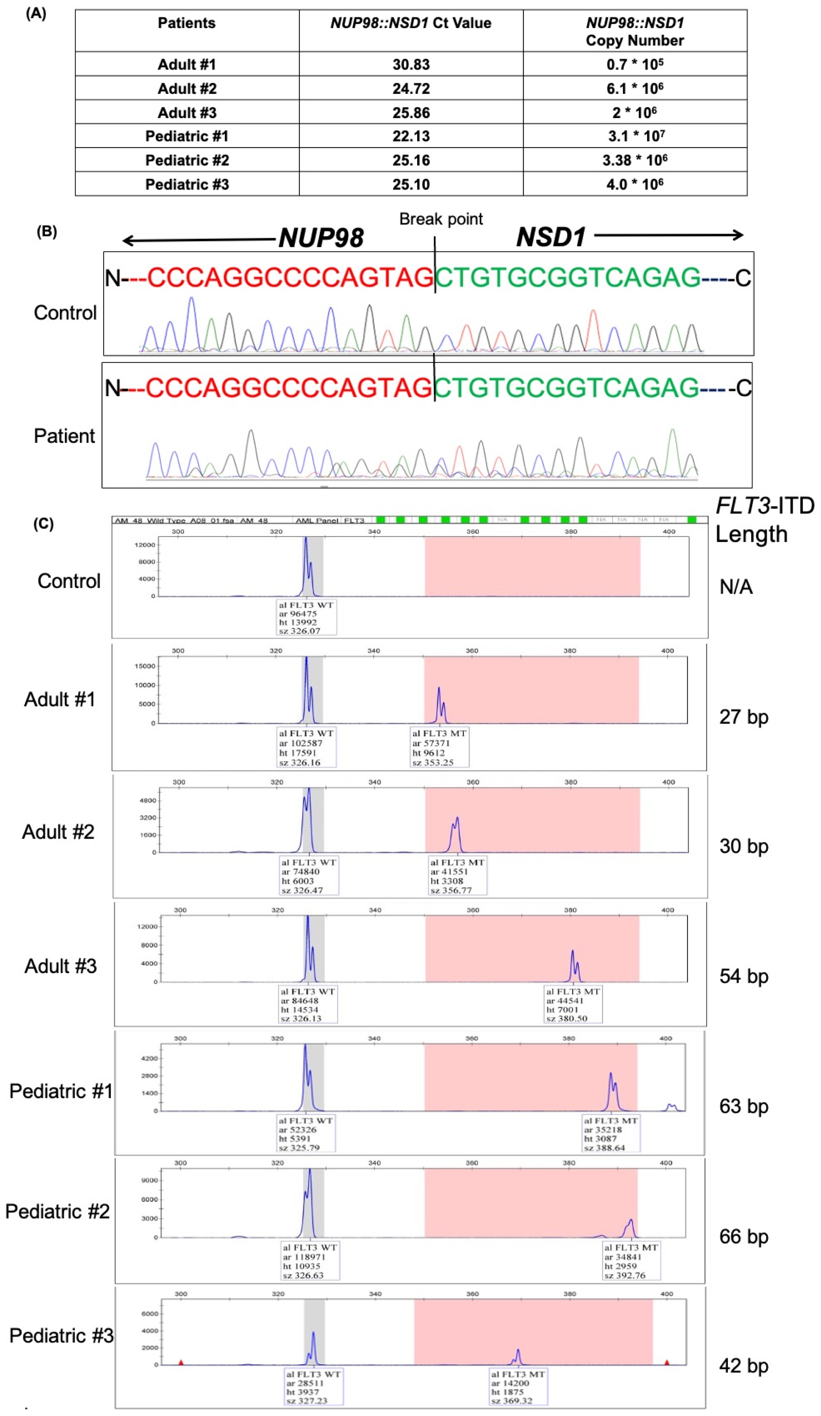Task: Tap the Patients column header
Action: tap(186, 23)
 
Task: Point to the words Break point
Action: tap(441, 219)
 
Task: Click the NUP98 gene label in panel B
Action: tap(321, 238)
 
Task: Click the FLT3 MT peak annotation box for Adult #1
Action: tap(439, 747)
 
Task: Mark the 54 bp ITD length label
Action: tap(744, 976)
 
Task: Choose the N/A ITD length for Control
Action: tap(736, 587)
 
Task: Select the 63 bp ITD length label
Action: tap(744, 1106)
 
